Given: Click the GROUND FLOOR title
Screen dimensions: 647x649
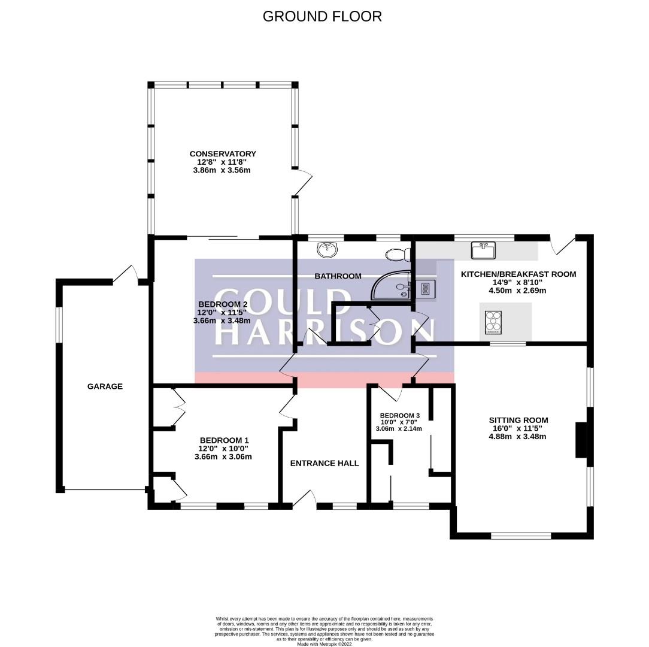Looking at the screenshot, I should tap(322, 16).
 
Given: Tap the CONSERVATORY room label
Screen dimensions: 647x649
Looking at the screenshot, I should tap(223, 154).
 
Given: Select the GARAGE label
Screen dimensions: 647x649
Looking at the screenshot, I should tap(105, 386).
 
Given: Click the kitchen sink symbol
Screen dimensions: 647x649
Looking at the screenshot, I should tap(483, 250).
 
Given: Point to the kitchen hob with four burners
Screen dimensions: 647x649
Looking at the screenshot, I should tap(493, 322).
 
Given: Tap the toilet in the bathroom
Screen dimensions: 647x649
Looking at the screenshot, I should tap(396, 255).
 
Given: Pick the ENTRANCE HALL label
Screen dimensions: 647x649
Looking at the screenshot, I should tap(324, 463).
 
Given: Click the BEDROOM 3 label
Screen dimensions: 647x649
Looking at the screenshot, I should tap(399, 416).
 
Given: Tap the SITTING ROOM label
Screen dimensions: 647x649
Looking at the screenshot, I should tap(518, 420).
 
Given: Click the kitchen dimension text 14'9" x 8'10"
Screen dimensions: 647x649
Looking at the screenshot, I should tap(518, 283).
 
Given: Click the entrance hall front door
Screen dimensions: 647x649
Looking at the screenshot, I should tap(304, 499).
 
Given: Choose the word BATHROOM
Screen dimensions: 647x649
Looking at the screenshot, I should tap(338, 276).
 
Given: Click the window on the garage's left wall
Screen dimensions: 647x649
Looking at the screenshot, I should tap(59, 325).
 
